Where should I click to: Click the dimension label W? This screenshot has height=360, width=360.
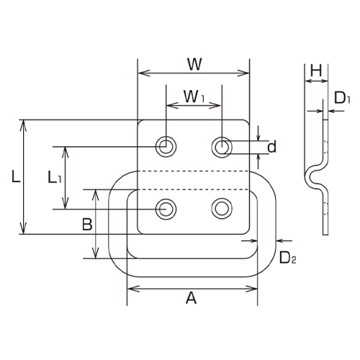(193, 63)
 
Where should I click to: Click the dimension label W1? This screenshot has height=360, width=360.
(192, 95)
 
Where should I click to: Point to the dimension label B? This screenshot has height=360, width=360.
(86, 225)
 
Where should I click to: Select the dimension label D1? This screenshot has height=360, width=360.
(342, 99)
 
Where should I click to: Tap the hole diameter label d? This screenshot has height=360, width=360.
(271, 147)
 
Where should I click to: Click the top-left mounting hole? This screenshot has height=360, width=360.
(166, 147)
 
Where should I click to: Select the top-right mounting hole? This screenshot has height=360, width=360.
(221, 147)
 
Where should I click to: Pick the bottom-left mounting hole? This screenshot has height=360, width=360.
(166, 209)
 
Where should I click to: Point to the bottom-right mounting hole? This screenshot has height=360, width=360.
(221, 209)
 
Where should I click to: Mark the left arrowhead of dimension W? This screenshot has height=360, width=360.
(141, 73)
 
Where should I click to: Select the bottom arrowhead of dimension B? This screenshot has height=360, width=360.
(96, 257)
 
